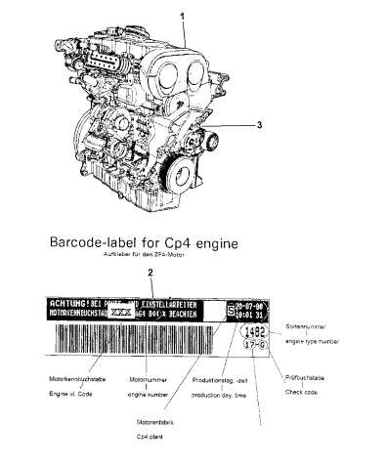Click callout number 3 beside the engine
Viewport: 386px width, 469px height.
[259, 125]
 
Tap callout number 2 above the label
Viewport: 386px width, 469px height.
[150, 272]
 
